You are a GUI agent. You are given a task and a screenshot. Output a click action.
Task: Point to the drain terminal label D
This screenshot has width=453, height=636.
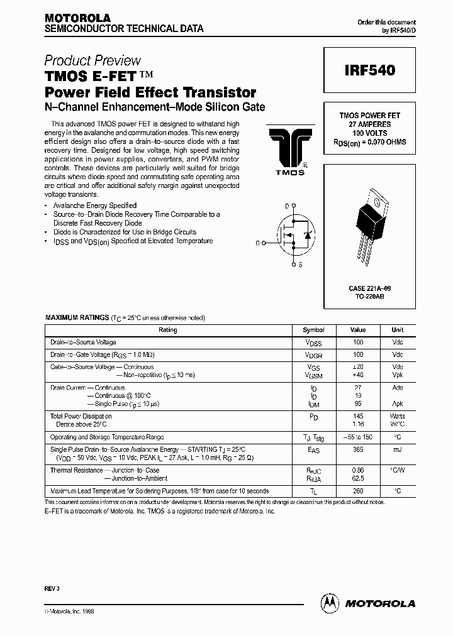click(x=287, y=206)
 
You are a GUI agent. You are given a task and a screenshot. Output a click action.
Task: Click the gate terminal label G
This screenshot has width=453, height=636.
click(x=256, y=242)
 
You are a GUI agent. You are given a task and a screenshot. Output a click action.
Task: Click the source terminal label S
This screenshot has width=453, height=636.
click(x=300, y=265)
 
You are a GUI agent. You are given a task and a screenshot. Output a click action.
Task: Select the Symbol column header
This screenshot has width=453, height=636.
click(x=313, y=330)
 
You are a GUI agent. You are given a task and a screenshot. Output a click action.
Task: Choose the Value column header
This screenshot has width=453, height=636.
click(x=357, y=330)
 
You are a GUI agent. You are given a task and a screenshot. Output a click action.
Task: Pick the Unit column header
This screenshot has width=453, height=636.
click(x=397, y=330)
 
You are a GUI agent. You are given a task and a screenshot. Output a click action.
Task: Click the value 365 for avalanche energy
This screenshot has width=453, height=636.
click(x=357, y=449)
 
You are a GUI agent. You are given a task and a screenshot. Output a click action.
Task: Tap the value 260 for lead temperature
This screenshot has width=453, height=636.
click(x=357, y=491)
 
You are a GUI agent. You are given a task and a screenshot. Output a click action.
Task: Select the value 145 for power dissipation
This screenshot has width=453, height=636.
click(x=357, y=416)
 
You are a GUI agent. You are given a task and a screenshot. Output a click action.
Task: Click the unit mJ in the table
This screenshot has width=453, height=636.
click(x=397, y=449)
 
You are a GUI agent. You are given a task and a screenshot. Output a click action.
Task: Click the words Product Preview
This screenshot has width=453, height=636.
click(x=92, y=61)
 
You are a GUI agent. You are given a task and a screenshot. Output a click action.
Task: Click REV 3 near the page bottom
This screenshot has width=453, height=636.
click(x=53, y=590)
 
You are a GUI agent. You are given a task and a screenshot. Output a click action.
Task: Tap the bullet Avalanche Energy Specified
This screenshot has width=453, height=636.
click(x=95, y=206)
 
